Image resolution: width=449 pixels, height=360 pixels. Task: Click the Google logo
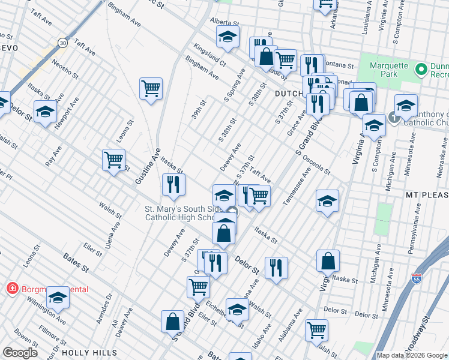click(20, 353)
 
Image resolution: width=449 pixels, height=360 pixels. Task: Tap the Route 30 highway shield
click(62, 42)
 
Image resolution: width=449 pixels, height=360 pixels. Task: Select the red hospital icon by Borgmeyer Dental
click(12, 289)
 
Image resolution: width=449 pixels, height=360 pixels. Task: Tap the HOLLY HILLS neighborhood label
click(89, 352)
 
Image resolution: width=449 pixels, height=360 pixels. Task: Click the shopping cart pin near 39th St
click(151, 89)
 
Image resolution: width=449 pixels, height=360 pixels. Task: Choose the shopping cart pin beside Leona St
click(113, 160)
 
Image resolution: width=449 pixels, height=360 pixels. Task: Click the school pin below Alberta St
click(228, 37)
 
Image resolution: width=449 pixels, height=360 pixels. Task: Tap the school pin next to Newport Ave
click(45, 112)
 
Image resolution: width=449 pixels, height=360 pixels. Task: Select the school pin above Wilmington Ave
click(58, 296)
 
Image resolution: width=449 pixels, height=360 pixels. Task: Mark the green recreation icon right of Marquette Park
click(421, 70)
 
